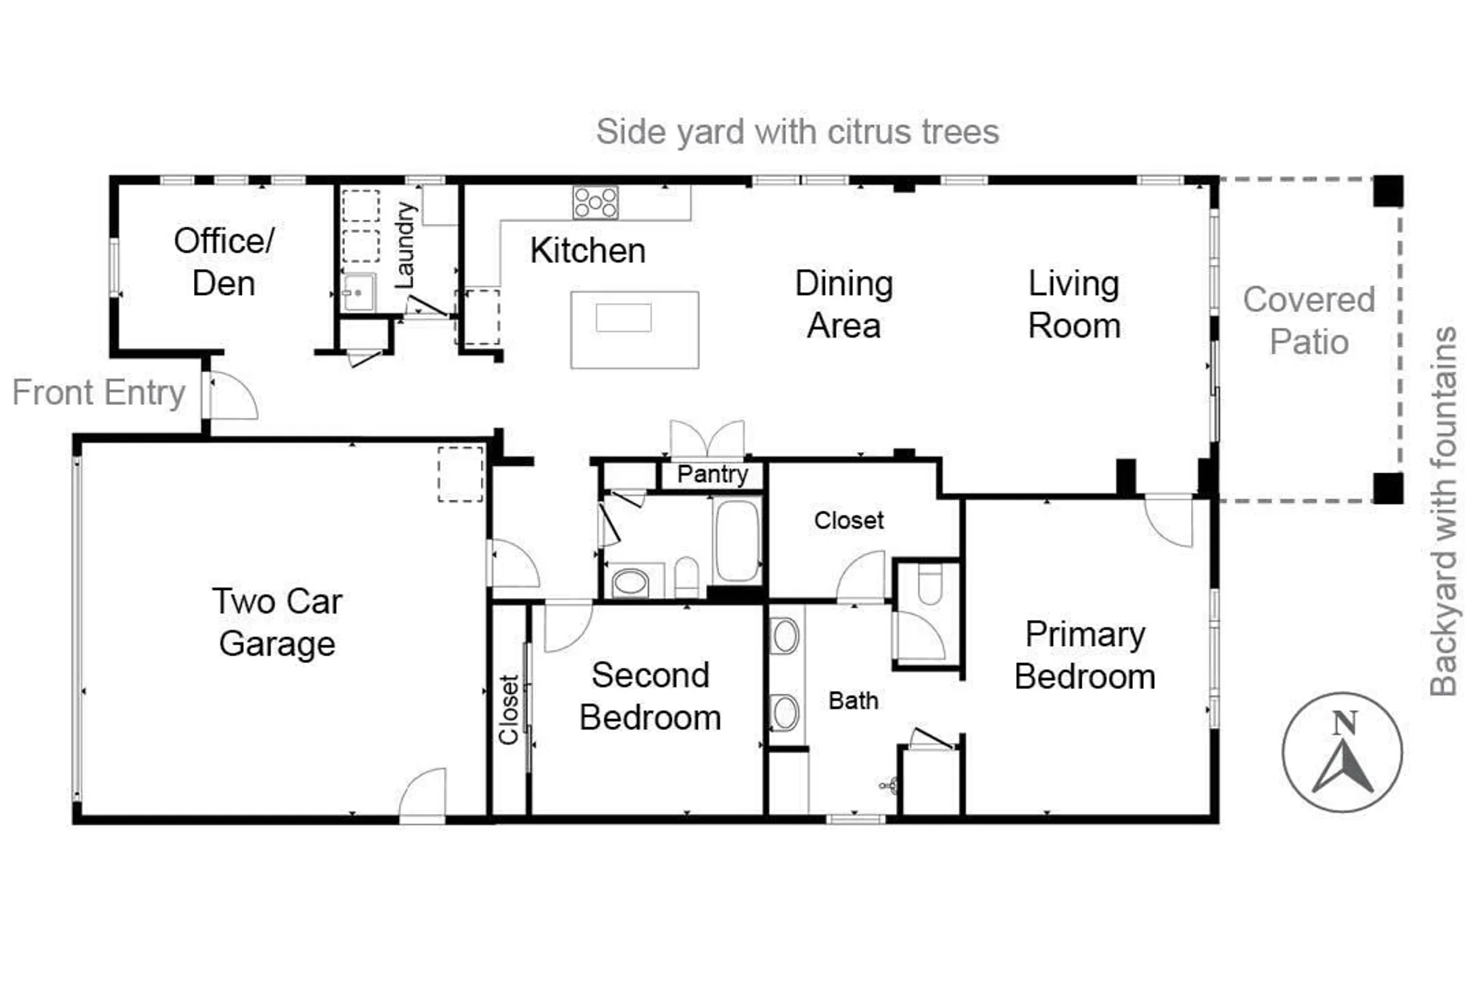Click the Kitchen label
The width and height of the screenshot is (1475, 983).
coord(588,251)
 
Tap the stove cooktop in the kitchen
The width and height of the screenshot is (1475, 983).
coord(595,202)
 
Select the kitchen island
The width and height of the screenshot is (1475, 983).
coord(634,330)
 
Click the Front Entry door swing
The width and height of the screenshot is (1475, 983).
coord(232,397)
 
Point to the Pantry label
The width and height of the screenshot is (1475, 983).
coord(712,474)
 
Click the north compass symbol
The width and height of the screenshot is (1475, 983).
coord(1342,752)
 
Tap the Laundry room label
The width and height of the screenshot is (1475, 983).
coord(405,246)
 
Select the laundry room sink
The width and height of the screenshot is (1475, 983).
coord(358,293)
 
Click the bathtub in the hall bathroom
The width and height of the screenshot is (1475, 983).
coord(737,541)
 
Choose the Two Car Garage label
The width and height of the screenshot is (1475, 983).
coord(277,622)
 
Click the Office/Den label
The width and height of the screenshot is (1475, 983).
coord(223,262)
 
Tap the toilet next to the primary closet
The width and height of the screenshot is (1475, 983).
coord(929,584)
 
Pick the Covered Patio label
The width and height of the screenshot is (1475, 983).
coord(1309,321)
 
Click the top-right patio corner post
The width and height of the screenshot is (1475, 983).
coord(1388,191)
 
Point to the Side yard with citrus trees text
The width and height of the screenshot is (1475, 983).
coord(797,133)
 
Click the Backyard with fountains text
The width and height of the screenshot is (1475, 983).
coord(1443,511)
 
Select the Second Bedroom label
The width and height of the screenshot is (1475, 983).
coord(650,696)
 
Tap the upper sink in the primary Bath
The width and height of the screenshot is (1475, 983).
coord(785,636)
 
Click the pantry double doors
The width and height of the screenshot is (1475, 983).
coord(707,440)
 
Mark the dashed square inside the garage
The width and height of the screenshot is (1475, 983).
coord(460,474)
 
